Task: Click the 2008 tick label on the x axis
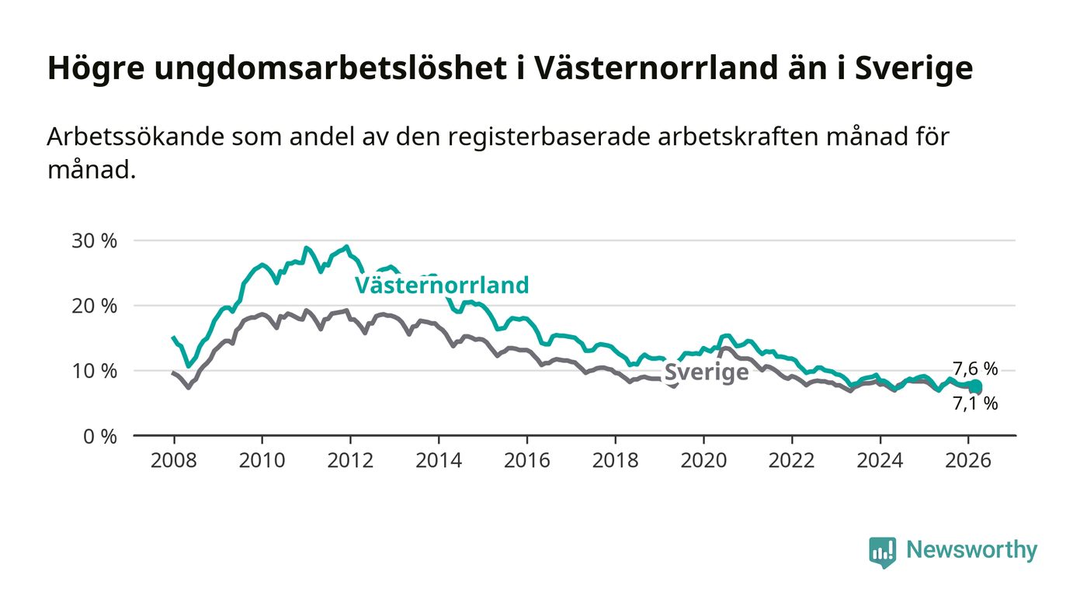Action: (x=174, y=459)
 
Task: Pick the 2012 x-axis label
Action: (x=350, y=459)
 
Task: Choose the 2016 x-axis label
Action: (x=526, y=459)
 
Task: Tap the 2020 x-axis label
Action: (x=703, y=459)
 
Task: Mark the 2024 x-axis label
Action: (x=880, y=459)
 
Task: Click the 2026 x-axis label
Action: (x=967, y=459)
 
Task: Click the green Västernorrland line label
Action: (x=442, y=286)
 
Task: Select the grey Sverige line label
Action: (x=707, y=372)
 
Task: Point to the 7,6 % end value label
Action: (x=975, y=369)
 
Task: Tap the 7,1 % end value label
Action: (x=975, y=403)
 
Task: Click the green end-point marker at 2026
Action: (x=975, y=386)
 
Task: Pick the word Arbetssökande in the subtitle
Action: (x=137, y=137)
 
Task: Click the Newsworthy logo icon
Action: (x=883, y=552)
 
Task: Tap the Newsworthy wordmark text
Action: (x=971, y=550)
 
